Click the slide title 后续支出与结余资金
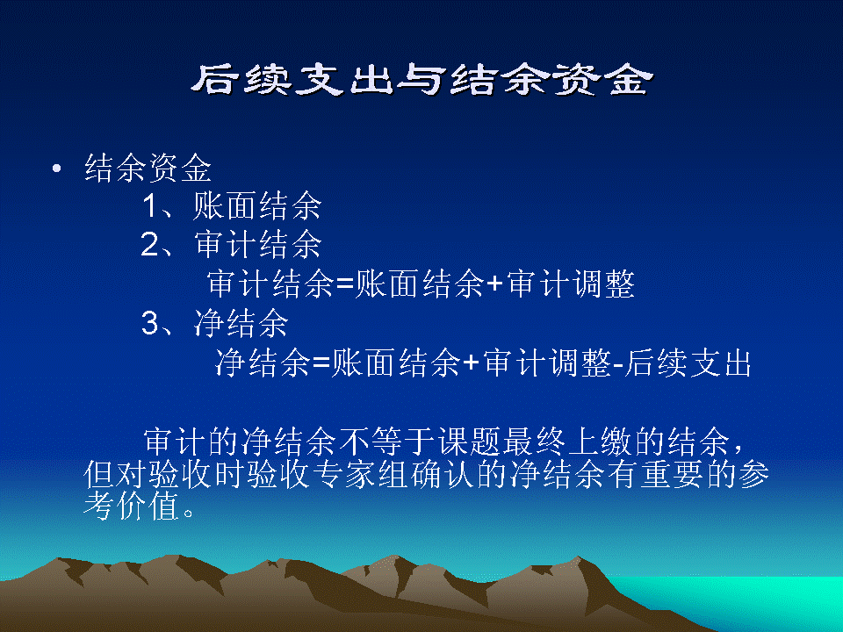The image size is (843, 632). tap(422, 80)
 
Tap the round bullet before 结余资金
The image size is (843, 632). tap(57, 169)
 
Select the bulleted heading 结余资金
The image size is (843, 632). tap(148, 168)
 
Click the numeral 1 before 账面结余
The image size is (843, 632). tap(150, 205)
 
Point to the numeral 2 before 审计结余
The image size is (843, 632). tap(149, 245)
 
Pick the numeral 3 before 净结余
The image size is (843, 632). tap(150, 324)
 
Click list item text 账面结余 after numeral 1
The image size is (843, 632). tap(257, 205)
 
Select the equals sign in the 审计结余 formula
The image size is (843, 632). tap(344, 284)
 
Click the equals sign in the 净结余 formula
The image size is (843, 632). tap(321, 363)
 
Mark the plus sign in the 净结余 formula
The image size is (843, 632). tap(471, 363)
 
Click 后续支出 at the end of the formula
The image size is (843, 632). tap(687, 363)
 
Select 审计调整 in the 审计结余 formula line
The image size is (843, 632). tap(571, 284)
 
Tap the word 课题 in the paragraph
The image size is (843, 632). tap(469, 442)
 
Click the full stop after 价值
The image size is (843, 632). tap(188, 513)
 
